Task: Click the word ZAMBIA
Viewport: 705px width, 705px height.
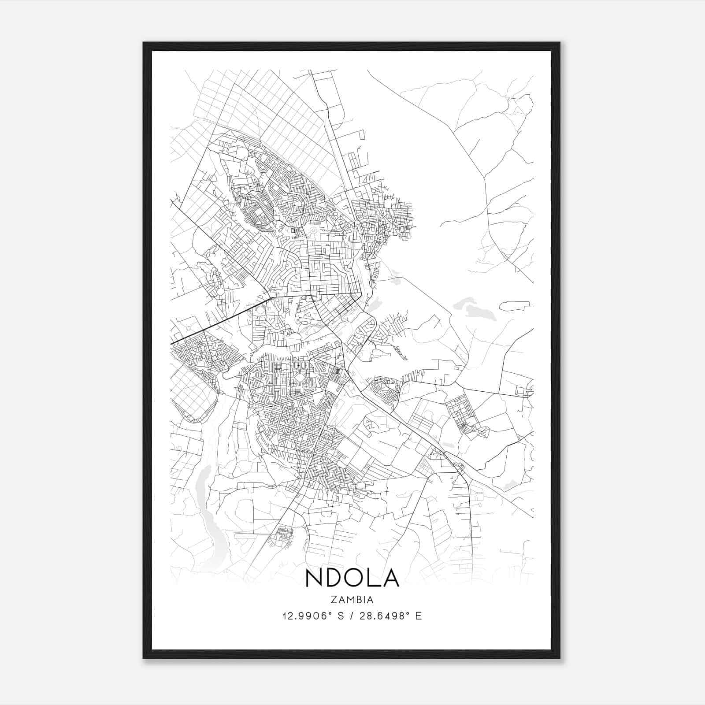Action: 352,600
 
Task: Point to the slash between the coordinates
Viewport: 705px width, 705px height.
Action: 352,616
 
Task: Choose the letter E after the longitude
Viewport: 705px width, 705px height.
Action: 419,616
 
